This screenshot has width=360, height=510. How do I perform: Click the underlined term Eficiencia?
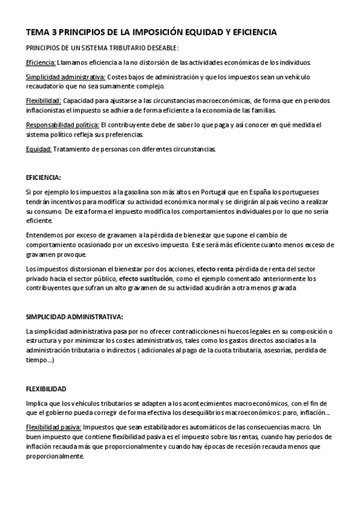41,62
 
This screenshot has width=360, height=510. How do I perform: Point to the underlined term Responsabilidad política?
63,124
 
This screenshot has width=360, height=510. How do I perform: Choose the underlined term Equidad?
38,149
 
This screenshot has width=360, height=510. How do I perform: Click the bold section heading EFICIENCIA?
43,177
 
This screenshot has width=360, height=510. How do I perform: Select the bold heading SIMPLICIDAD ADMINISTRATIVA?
75,316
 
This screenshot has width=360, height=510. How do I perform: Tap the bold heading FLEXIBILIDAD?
46,389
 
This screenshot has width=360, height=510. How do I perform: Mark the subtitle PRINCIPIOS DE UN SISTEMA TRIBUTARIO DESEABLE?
102,48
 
